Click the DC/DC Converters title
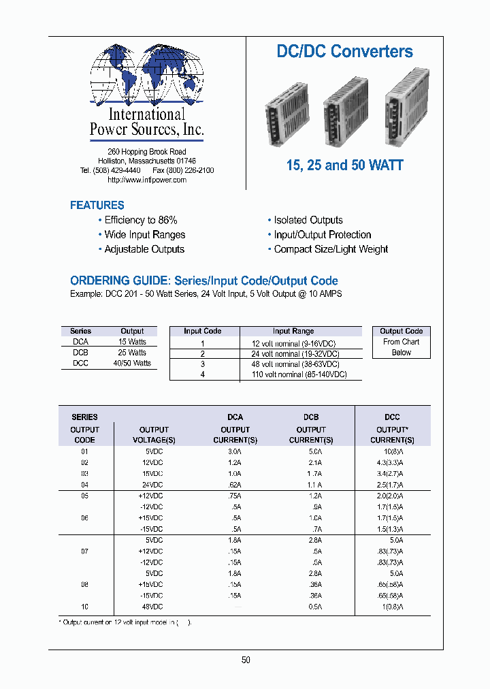(x=344, y=51)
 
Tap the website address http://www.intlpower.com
(x=147, y=180)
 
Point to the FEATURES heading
(x=97, y=205)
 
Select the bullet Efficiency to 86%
(x=140, y=220)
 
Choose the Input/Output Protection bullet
(x=322, y=234)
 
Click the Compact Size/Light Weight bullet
(x=331, y=249)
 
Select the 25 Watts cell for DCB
(x=132, y=353)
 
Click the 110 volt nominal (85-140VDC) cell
(x=299, y=374)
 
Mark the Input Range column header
(x=293, y=331)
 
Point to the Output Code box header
(x=401, y=331)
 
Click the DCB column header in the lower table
(x=311, y=417)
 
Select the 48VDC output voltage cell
(x=154, y=607)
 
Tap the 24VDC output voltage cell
(x=154, y=485)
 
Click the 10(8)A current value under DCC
(x=392, y=451)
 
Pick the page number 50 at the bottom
(x=246, y=660)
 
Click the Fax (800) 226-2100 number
(x=183, y=170)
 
